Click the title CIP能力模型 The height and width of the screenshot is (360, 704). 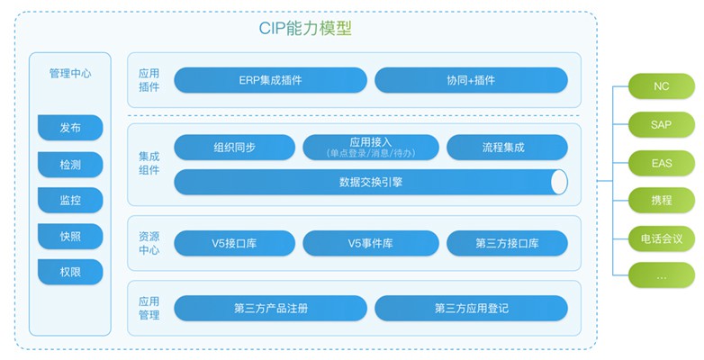(305, 28)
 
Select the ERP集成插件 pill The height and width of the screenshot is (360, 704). (270, 80)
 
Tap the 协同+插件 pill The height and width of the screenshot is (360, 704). (471, 80)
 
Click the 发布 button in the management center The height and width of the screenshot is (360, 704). (70, 128)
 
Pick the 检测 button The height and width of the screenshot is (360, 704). (70, 165)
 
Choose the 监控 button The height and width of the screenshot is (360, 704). (70, 200)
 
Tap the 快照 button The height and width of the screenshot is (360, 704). (70, 236)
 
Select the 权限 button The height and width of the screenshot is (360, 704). (70, 272)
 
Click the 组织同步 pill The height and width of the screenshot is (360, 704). (234, 148)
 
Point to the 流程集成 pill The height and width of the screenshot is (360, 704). (507, 148)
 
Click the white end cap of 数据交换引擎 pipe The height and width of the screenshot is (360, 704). (559, 182)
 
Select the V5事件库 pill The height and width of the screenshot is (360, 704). (370, 243)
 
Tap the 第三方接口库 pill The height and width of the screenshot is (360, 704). (507, 243)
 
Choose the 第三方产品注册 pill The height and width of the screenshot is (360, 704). (270, 308)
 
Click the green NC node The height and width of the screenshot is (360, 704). (662, 86)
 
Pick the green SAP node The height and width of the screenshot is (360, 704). (662, 124)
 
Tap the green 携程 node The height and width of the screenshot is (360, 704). (662, 200)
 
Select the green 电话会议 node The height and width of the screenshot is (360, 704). (662, 238)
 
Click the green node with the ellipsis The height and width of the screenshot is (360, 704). (662, 275)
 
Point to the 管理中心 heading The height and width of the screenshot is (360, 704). (70, 73)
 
